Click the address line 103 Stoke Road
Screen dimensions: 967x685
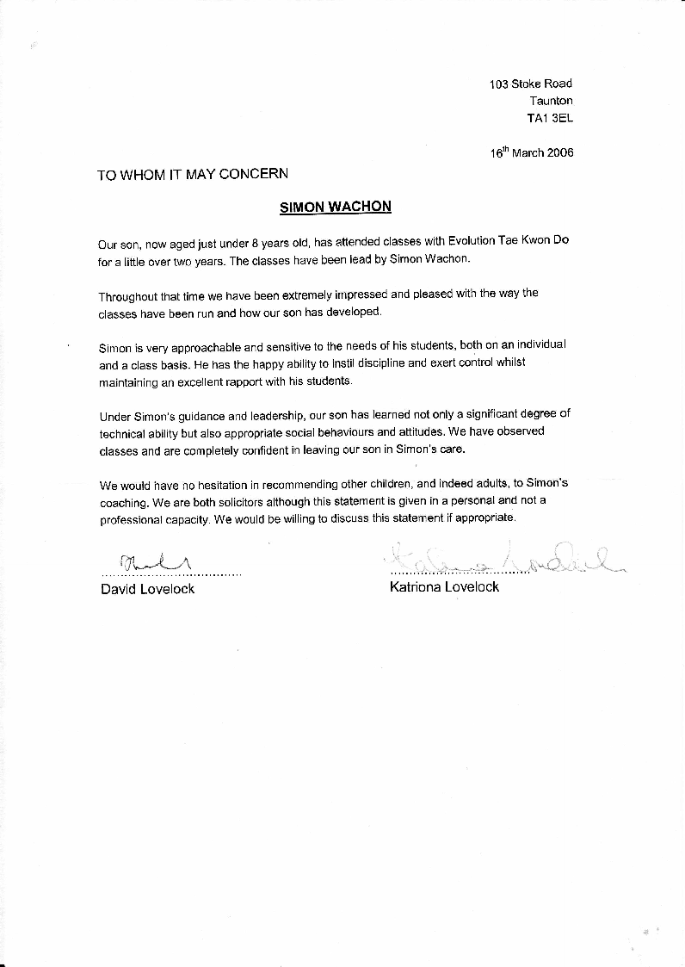(530, 84)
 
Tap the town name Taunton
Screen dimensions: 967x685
(551, 101)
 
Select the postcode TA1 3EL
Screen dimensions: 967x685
(550, 118)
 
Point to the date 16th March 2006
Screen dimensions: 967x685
(532, 152)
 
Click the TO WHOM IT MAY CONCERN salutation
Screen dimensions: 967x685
(193, 174)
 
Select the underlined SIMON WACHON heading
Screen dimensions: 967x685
(336, 207)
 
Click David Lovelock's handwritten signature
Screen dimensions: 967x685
(154, 562)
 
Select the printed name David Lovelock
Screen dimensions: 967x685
(147, 589)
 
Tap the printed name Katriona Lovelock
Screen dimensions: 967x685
(444, 587)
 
